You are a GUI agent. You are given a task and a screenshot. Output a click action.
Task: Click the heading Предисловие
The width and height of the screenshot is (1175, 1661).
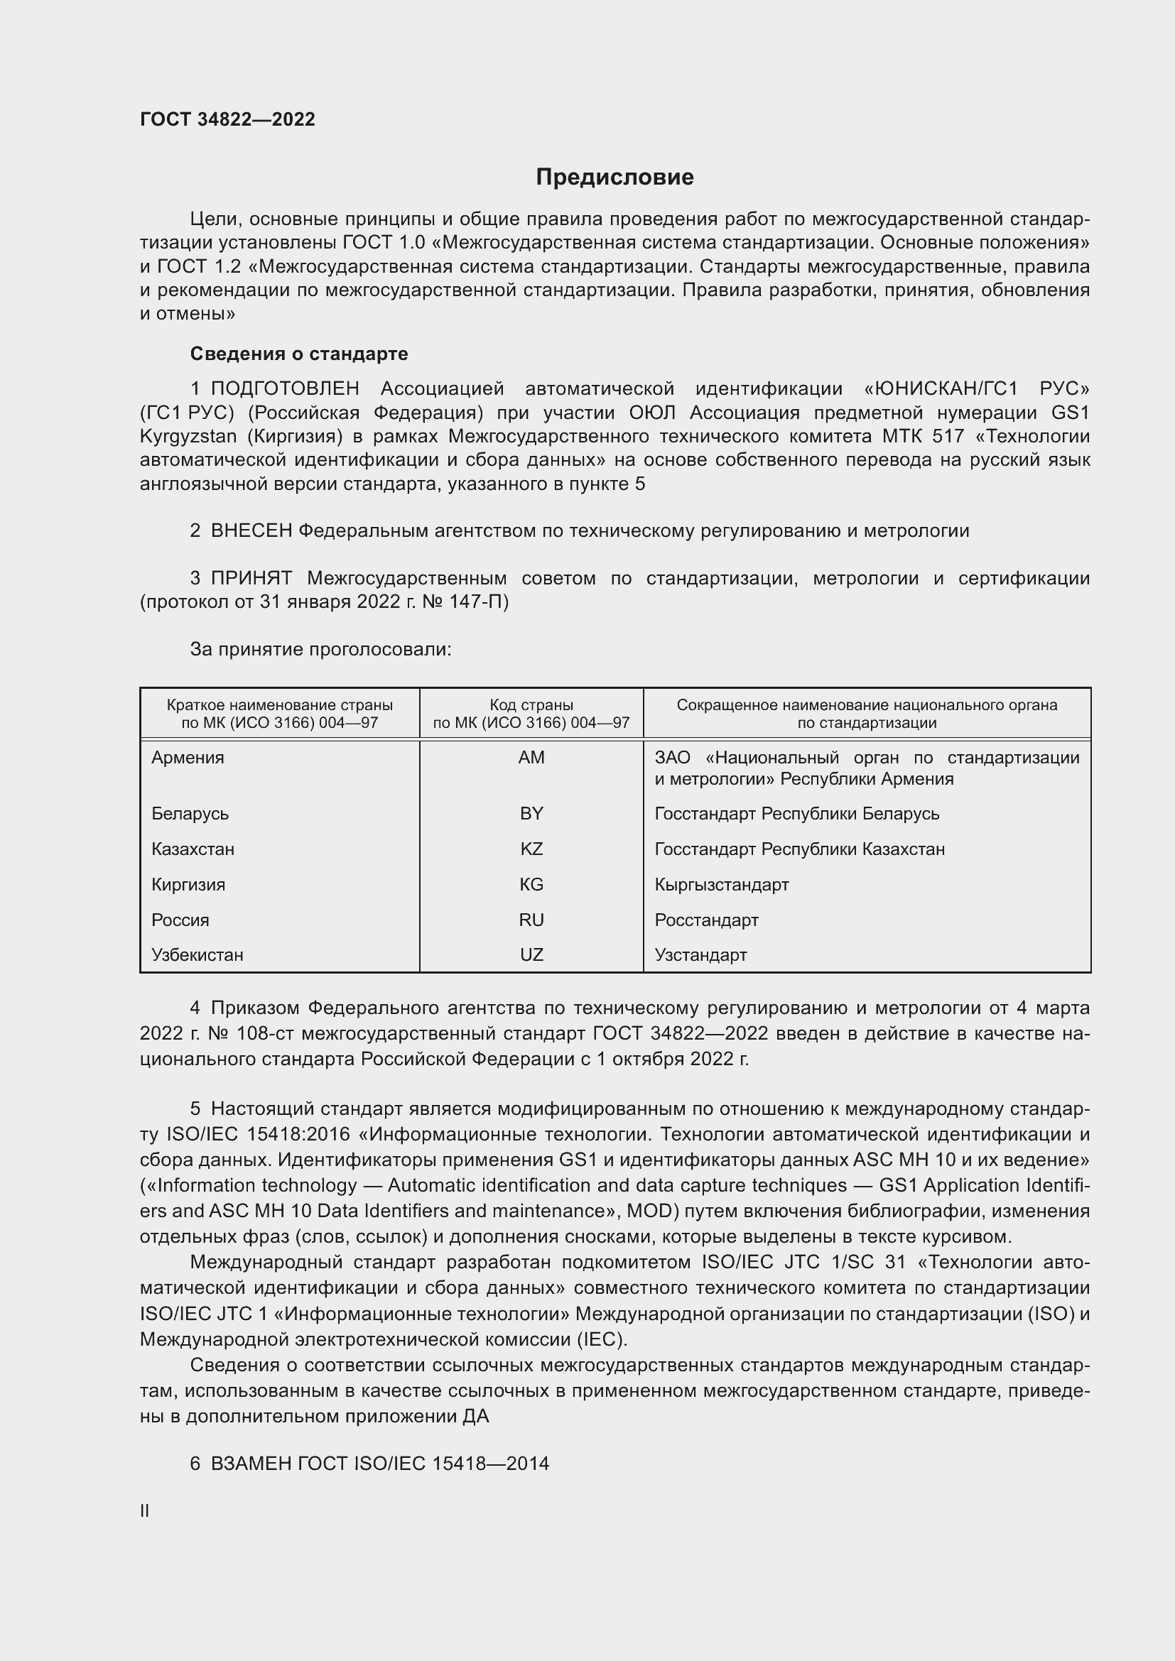click(x=614, y=178)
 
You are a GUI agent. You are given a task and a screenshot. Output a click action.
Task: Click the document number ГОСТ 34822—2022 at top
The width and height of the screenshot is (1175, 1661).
click(x=227, y=119)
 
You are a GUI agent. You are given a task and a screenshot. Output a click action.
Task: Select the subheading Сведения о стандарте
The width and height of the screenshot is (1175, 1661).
click(x=299, y=354)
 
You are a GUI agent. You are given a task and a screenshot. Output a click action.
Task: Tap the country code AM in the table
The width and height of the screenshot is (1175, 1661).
click(x=531, y=758)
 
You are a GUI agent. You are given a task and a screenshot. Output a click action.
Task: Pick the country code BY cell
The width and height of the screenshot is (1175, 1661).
click(x=531, y=813)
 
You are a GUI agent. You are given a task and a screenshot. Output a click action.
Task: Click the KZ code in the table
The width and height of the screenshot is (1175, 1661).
click(x=531, y=849)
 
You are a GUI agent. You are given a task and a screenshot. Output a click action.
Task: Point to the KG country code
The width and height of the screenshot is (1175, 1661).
click(x=531, y=884)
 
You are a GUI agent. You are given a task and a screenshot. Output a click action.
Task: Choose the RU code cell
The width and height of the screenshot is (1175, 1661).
click(x=531, y=920)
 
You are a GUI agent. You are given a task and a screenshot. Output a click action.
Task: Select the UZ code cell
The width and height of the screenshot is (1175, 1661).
click(x=531, y=954)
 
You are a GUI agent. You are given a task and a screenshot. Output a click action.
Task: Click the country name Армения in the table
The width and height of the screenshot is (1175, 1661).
click(x=188, y=758)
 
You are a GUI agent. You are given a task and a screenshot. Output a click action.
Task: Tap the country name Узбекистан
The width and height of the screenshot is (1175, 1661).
click(x=197, y=954)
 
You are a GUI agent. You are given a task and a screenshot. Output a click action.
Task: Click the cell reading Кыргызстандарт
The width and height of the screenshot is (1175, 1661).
click(x=721, y=884)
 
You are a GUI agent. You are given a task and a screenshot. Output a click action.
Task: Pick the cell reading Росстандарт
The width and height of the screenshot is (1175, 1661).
click(x=706, y=920)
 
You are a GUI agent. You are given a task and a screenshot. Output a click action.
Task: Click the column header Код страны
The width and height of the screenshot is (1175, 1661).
click(x=531, y=704)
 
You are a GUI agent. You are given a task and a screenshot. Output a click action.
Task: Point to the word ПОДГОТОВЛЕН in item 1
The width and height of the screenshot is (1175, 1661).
click(x=285, y=388)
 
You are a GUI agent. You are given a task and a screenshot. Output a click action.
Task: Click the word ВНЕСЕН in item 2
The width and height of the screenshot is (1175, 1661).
click(x=251, y=530)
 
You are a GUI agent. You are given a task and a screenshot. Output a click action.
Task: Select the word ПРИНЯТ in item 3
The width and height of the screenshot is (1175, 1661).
click(x=251, y=578)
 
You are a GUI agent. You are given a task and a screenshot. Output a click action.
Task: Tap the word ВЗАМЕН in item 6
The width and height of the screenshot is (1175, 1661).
click(x=251, y=1464)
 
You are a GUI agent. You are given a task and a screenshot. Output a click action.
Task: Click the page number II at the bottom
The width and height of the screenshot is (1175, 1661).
click(x=144, y=1510)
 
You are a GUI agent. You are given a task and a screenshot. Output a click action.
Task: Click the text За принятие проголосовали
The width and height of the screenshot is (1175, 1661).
click(x=320, y=649)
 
